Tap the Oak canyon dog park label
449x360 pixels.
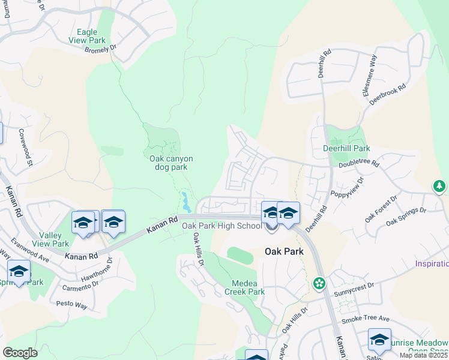[x=171, y=163]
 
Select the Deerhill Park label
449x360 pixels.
[x=346, y=148]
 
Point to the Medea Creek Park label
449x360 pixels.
[x=244, y=287]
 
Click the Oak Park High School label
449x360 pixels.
[x=222, y=226]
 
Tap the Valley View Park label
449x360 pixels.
[x=54, y=239]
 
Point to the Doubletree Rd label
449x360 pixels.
[x=359, y=163]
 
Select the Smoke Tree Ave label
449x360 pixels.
[x=366, y=319]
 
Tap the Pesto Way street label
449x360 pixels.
[x=73, y=305]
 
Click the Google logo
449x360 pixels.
[x=20, y=352]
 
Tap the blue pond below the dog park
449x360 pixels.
[x=186, y=202]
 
